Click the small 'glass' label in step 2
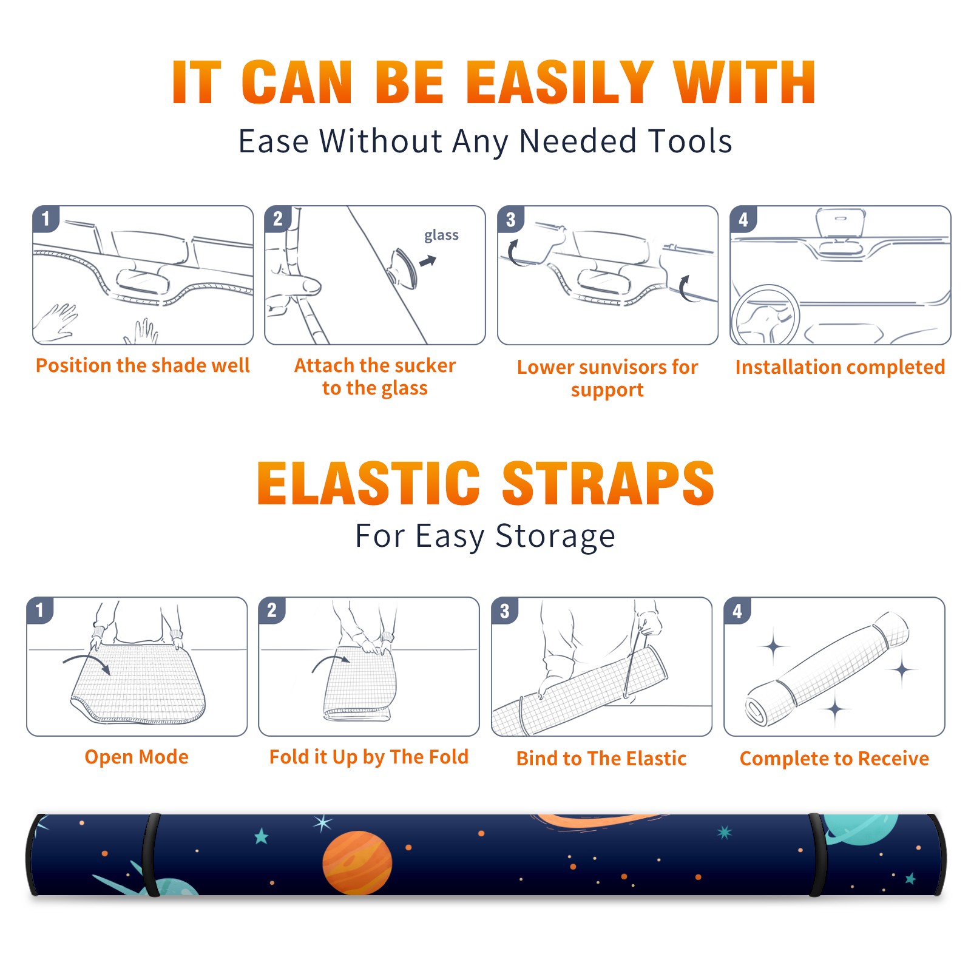coord(441,235)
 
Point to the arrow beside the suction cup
coord(428,261)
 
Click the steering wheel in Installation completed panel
coord(765,315)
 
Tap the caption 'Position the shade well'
coord(143,365)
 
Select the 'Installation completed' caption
coord(840,367)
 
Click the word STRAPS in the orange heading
coord(608,483)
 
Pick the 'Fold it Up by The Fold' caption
coord(369,757)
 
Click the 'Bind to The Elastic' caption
coord(601,759)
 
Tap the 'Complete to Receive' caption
coord(834,759)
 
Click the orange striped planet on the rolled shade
coord(357,862)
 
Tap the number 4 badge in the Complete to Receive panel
coord(737,611)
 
